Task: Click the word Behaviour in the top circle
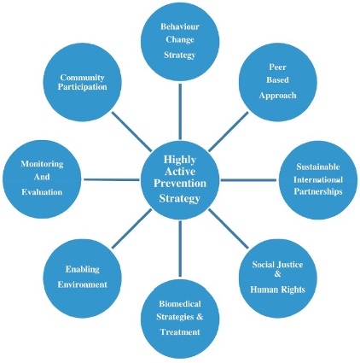(x=180, y=26)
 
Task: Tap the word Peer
(x=277, y=67)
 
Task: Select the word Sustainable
(x=318, y=167)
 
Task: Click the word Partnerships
(x=318, y=191)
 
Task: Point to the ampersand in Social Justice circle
(x=277, y=274)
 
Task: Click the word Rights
(x=293, y=290)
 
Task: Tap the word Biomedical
(x=180, y=304)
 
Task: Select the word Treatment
(x=180, y=332)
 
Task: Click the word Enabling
(x=83, y=269)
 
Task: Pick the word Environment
(x=83, y=284)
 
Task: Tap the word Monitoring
(x=42, y=164)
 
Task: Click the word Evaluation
(x=42, y=192)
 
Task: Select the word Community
(x=83, y=78)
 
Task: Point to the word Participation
(x=83, y=87)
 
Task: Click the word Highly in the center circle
(x=180, y=160)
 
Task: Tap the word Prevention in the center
(x=180, y=184)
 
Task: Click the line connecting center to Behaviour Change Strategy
(x=180, y=112)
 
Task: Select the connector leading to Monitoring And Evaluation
(x=112, y=179)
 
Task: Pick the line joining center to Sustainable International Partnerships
(x=248, y=180)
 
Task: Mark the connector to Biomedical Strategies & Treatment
(x=180, y=249)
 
